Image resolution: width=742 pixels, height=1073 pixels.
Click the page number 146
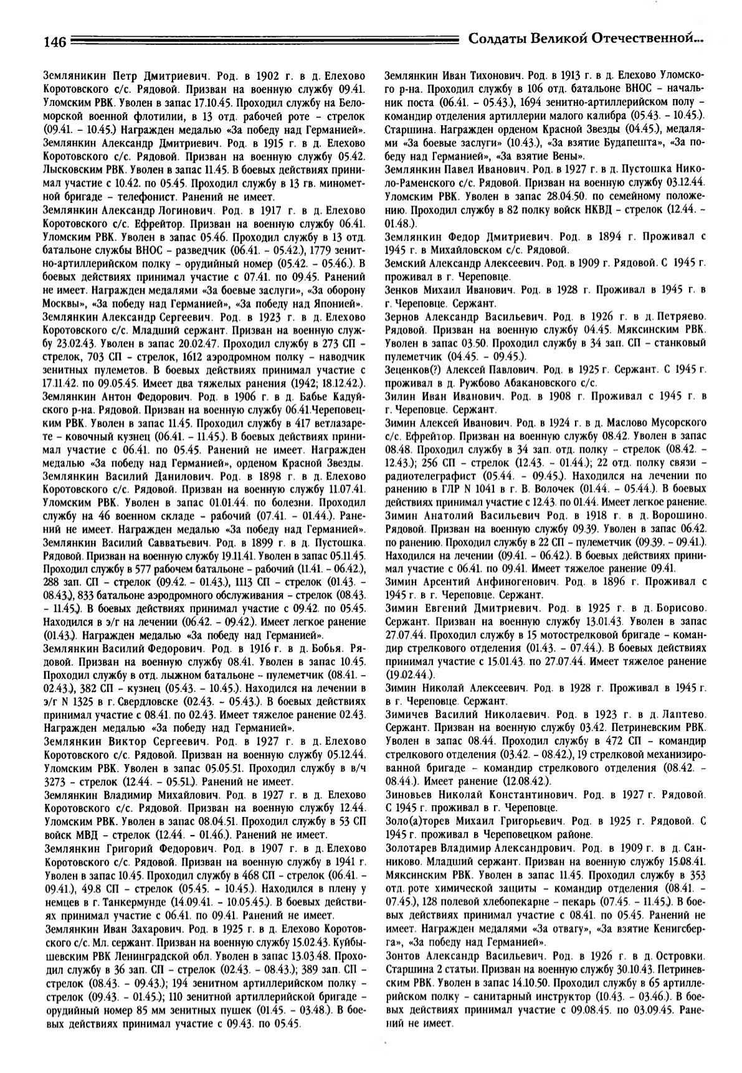coord(55,42)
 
